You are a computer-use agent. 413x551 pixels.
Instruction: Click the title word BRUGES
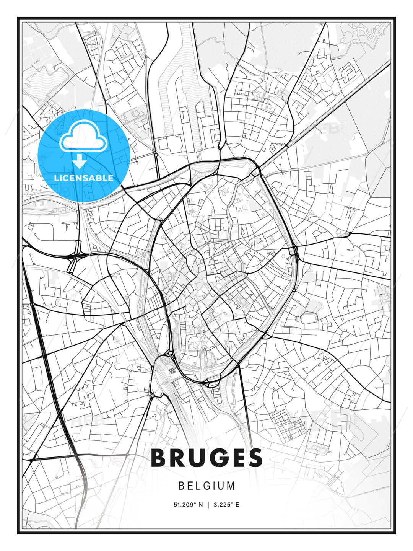point(207,458)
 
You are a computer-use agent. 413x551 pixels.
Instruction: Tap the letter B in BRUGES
point(159,458)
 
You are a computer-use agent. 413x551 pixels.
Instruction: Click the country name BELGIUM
point(206,486)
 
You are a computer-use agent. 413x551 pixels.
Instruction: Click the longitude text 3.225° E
point(226,505)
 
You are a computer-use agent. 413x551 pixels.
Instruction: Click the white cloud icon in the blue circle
point(83,136)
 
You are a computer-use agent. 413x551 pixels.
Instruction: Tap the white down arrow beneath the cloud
point(80,161)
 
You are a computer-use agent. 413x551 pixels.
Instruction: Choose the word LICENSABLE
point(84,178)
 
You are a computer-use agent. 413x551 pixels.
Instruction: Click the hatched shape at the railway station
point(173,370)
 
